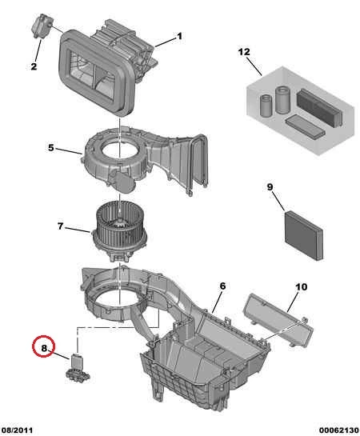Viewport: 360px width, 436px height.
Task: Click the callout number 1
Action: (x=179, y=37)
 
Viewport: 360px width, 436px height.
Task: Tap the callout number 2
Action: (x=34, y=66)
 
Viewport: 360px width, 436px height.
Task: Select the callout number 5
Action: (x=50, y=148)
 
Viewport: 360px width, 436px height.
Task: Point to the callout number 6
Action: (x=222, y=286)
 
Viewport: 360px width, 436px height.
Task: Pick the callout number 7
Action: (x=60, y=226)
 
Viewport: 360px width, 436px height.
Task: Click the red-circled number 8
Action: (x=44, y=348)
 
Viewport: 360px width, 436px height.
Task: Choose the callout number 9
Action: (x=270, y=187)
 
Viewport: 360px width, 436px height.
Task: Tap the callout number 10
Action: (x=302, y=286)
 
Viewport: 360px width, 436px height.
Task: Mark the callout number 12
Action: (x=244, y=52)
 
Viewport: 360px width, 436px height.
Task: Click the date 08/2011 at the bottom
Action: (x=18, y=430)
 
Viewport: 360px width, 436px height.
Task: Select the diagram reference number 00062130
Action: (x=338, y=430)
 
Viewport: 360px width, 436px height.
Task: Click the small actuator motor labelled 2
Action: (x=42, y=26)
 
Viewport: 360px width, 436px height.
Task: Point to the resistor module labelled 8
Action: (x=78, y=366)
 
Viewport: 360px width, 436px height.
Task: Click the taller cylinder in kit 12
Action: (x=282, y=100)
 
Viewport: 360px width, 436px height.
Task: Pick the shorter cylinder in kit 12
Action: (x=266, y=106)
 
